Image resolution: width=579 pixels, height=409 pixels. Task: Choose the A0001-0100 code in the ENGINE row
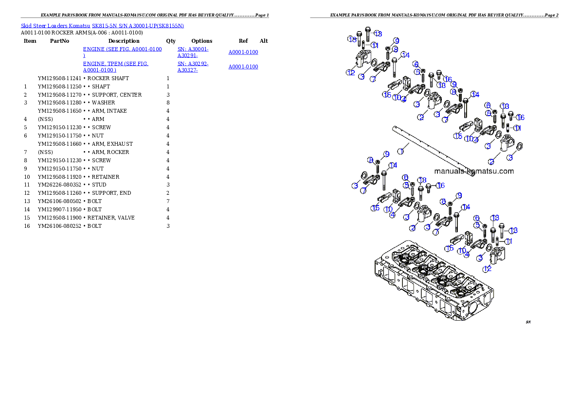coord(243,52)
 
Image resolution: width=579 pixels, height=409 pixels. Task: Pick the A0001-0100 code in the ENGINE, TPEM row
coord(243,67)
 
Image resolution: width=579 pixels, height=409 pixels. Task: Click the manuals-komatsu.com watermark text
coord(473,171)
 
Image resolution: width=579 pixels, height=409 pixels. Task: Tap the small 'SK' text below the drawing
coord(528,322)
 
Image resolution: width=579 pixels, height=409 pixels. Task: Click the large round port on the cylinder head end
coord(475,308)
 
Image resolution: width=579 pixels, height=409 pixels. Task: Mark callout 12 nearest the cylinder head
coord(487,269)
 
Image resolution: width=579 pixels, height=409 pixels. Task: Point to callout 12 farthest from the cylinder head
coord(351,73)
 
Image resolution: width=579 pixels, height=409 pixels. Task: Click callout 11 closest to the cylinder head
coord(508,241)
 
